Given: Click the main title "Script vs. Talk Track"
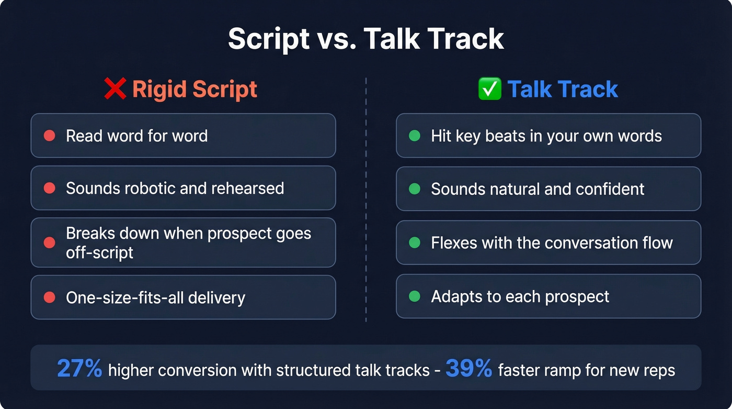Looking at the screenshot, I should point(366,38).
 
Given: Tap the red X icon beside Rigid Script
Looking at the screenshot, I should point(115,89).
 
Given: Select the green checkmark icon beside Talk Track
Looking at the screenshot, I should point(490,89).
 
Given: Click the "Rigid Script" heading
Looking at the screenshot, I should point(195,89).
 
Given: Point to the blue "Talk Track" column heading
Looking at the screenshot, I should point(563,89).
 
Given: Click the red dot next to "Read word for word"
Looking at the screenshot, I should point(50,136).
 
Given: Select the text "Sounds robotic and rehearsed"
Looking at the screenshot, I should point(175,188).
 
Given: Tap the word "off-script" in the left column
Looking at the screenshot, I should point(99,252).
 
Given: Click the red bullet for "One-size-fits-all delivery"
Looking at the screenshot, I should point(50,297).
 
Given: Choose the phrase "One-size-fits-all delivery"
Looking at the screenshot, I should point(155,297).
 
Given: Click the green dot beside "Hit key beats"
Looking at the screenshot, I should point(415,136).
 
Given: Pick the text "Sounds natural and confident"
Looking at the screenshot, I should point(537,189).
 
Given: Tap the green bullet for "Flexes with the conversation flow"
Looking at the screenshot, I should point(415,242).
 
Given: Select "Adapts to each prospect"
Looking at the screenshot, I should point(520,296).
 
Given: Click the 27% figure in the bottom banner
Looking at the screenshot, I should point(79,369).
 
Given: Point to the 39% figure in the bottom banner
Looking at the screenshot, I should point(469,369).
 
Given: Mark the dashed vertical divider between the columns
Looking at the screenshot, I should point(366,199).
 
